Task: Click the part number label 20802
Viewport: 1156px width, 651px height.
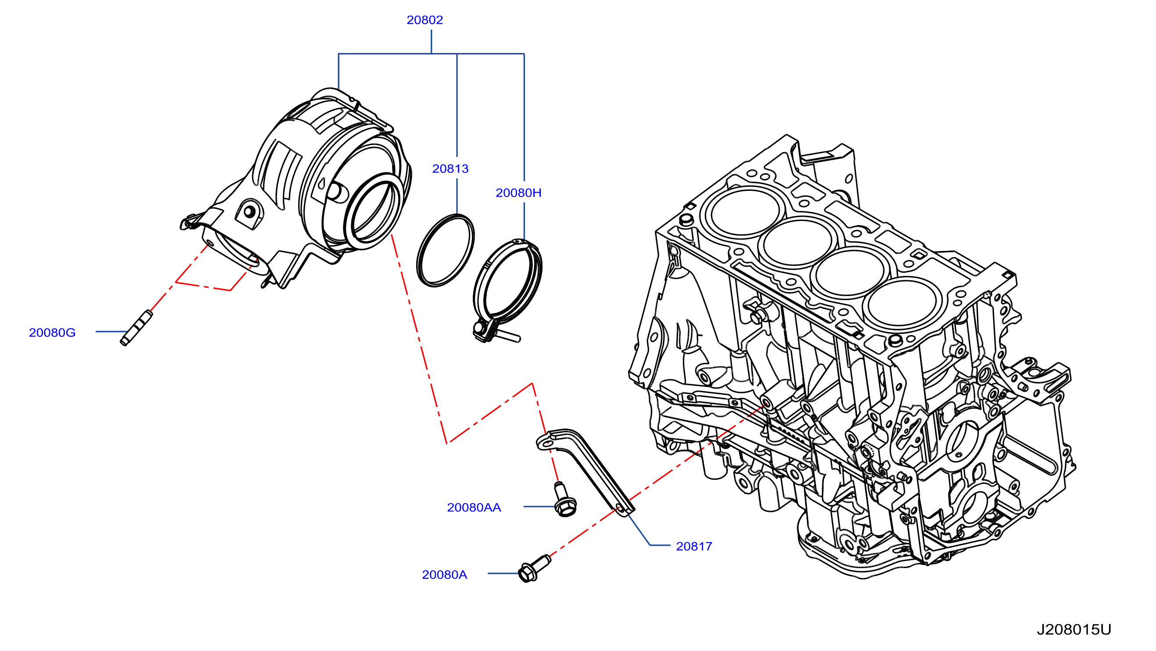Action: pyautogui.click(x=425, y=20)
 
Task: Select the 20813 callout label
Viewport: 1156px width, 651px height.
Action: pyautogui.click(x=450, y=169)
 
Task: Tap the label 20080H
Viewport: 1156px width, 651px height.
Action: pyautogui.click(x=518, y=193)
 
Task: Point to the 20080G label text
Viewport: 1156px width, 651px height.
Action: pyautogui.click(x=52, y=333)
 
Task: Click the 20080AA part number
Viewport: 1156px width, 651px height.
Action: pyautogui.click(x=474, y=508)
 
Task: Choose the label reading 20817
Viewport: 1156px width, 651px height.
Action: pyautogui.click(x=694, y=547)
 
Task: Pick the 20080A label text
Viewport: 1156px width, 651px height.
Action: pyautogui.click(x=444, y=575)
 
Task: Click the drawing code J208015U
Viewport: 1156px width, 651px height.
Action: pyautogui.click(x=1074, y=630)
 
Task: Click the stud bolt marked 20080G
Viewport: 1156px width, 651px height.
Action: pyautogui.click(x=136, y=328)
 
